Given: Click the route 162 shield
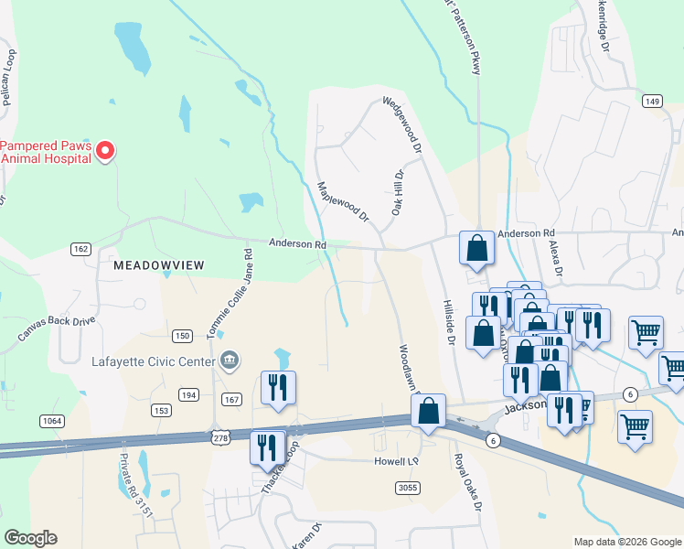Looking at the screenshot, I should tap(80, 249).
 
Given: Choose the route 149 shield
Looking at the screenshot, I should tap(651, 101).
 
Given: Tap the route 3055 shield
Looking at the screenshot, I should tap(408, 488).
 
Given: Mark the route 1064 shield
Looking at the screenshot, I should tap(52, 420).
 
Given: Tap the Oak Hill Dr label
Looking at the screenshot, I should tap(398, 192).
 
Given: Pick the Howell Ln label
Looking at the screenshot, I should tap(396, 461).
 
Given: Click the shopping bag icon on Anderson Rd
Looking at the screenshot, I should tap(476, 247).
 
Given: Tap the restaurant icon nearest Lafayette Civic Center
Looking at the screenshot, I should tap(278, 387).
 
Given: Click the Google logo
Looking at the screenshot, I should tap(30, 538).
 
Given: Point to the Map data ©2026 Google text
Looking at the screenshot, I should tap(626, 542).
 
